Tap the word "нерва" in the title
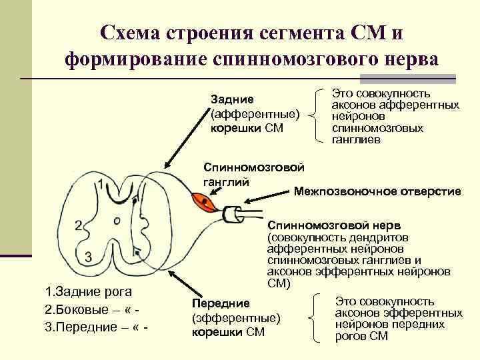coord(406,59)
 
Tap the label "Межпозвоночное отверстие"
coord(377,191)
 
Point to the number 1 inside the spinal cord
coord(100,184)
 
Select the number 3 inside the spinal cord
coord(88,256)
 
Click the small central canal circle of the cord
coord(117,219)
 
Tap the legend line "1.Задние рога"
coord(87,291)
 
